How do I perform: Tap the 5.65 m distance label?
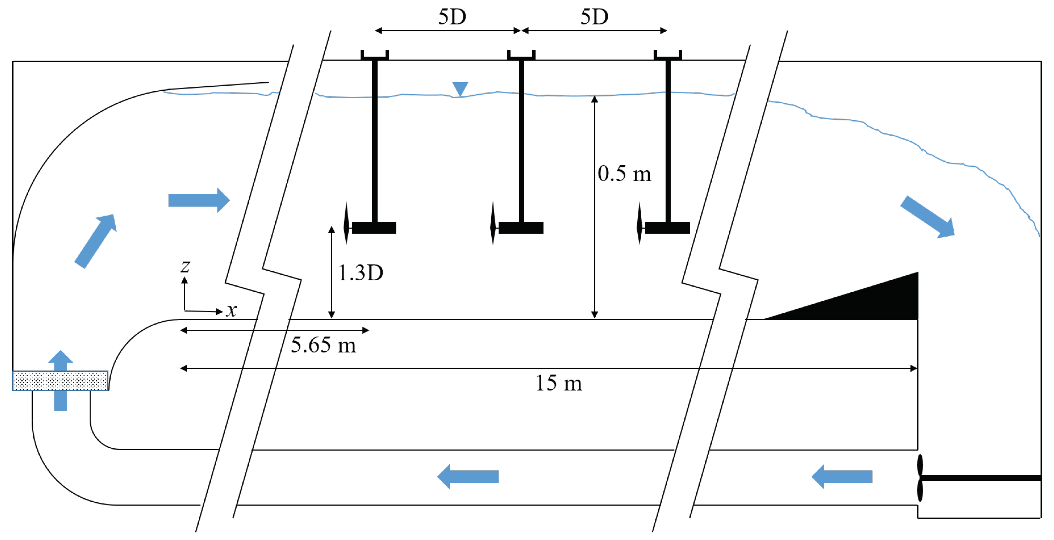[x=323, y=345]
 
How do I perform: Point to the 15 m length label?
[x=559, y=383]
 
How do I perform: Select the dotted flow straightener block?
[x=61, y=381]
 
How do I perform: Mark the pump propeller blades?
[x=920, y=478]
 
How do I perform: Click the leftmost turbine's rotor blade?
[x=346, y=223]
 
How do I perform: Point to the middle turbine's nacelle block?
[x=521, y=228]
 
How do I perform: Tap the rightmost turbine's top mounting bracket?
[x=667, y=56]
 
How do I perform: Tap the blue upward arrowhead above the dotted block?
[x=61, y=358]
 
